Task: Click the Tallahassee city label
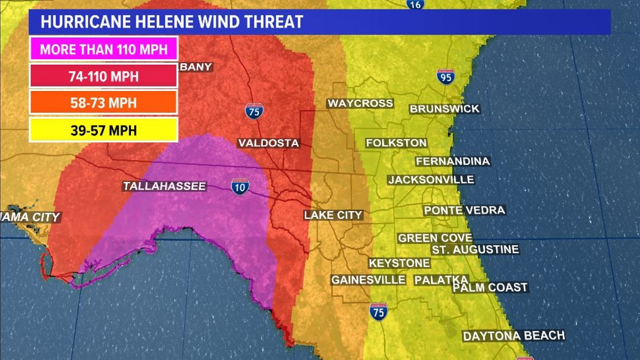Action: tap(165, 186)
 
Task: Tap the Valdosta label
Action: tap(269, 143)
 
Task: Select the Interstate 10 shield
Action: tap(240, 187)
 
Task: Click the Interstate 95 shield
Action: tap(446, 77)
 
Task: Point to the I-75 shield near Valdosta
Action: tap(254, 111)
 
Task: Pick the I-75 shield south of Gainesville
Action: tap(378, 312)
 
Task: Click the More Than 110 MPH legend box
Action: tap(104, 49)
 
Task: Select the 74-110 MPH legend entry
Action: tap(104, 76)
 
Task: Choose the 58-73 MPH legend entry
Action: tap(104, 103)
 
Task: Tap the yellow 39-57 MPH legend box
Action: tap(104, 130)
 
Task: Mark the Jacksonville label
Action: tap(431, 180)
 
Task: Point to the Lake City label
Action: tap(333, 215)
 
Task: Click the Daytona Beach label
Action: tap(514, 336)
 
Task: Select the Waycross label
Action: tap(360, 103)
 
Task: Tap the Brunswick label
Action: tap(444, 109)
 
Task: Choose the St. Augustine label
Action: tap(475, 249)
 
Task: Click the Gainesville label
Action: tap(368, 280)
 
